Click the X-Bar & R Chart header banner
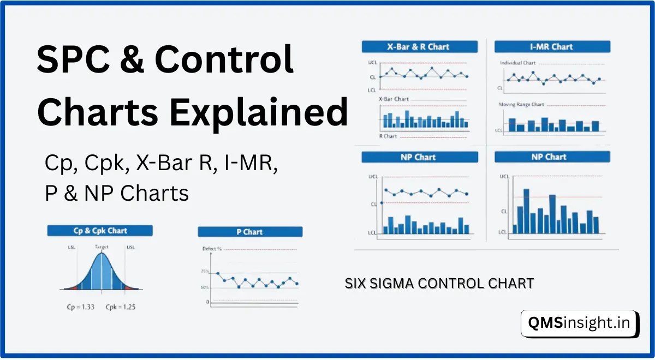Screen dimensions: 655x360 click(x=420, y=47)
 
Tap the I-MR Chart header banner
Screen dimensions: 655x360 click(x=552, y=47)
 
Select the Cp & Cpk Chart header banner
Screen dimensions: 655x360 click(x=100, y=231)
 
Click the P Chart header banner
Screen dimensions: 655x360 click(x=250, y=232)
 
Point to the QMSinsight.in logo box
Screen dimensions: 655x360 click(x=579, y=323)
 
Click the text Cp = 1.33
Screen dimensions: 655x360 click(x=81, y=307)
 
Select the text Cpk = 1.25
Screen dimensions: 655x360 click(x=121, y=307)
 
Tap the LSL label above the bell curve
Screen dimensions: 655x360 click(x=72, y=247)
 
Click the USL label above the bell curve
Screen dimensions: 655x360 click(x=130, y=247)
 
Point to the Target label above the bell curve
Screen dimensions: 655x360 click(x=102, y=247)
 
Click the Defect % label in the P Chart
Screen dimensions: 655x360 click(x=212, y=249)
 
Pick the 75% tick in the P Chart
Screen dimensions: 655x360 click(x=205, y=272)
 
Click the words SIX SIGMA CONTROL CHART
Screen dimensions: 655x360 click(x=439, y=284)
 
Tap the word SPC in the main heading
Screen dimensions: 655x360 click(x=73, y=59)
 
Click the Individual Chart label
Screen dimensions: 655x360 click(x=517, y=63)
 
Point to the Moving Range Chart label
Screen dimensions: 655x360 click(x=521, y=104)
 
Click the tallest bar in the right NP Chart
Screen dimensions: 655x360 click(x=526, y=211)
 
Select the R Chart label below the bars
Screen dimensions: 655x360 click(x=388, y=136)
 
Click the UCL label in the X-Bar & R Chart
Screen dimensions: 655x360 click(x=372, y=63)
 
